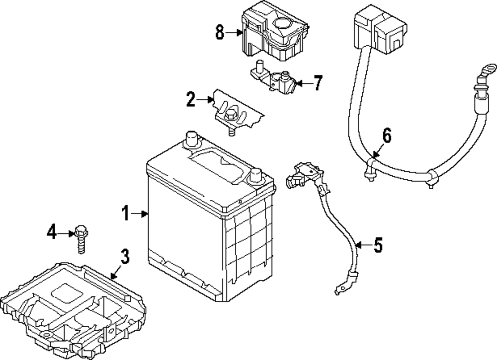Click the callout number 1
click(125, 214)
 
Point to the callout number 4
click(52, 231)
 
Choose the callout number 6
click(387, 135)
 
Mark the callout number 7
click(318, 82)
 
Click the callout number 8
click(220, 33)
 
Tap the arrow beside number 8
click(237, 33)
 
